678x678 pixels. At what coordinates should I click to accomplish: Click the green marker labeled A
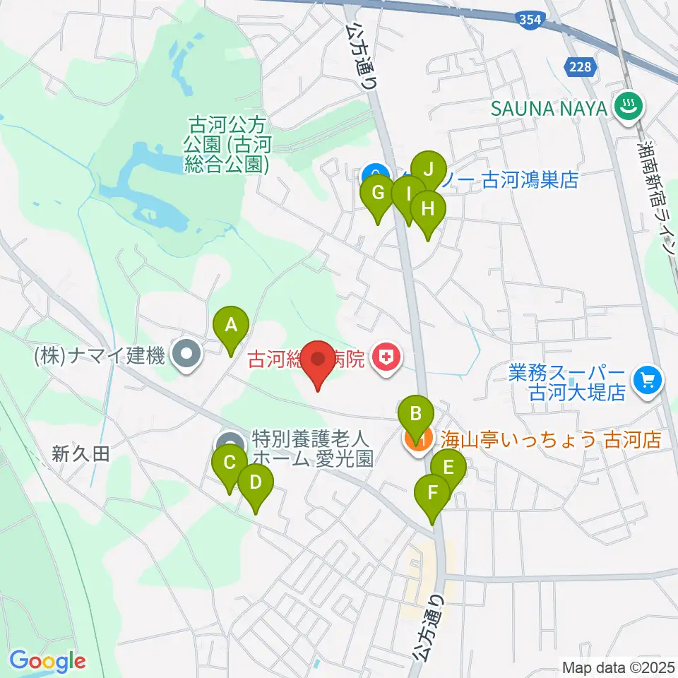[230, 326]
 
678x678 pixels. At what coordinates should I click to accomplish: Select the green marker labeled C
[229, 463]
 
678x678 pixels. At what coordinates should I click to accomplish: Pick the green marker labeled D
[255, 483]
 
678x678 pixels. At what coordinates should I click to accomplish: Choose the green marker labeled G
[377, 193]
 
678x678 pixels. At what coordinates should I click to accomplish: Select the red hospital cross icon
[386, 359]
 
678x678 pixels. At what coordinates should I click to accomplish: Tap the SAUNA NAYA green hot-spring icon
[626, 108]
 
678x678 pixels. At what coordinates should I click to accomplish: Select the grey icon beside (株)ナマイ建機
[187, 357]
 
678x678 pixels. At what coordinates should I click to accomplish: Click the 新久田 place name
[81, 455]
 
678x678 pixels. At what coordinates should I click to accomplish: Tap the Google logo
[47, 661]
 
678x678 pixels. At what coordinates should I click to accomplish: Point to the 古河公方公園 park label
[228, 145]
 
